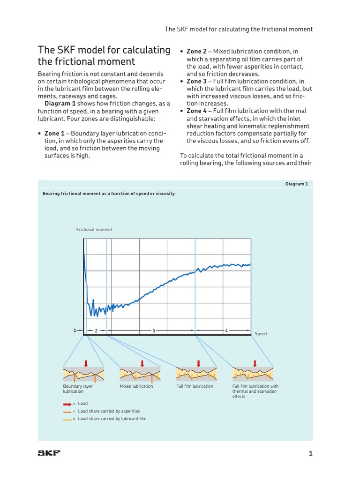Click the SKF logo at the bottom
coord(49,453)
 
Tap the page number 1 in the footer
coord(310,453)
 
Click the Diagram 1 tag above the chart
coord(297,184)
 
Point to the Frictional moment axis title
coord(94,230)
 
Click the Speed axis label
coord(261,334)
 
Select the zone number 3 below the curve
coord(153,331)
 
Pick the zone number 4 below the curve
coord(226,331)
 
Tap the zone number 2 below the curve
coord(96,331)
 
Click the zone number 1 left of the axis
coord(75,330)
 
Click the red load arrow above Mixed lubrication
coord(142,363)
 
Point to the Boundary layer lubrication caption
coord(78,389)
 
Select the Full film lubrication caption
coord(195,386)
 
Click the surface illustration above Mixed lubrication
coord(140,374)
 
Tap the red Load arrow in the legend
coord(67,404)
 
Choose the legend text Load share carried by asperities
coord(109,411)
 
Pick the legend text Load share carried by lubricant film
coord(112,419)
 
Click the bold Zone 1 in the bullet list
coord(54,134)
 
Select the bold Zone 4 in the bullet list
coord(196,111)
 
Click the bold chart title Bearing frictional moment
coord(109,194)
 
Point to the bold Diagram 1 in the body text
coord(60,104)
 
